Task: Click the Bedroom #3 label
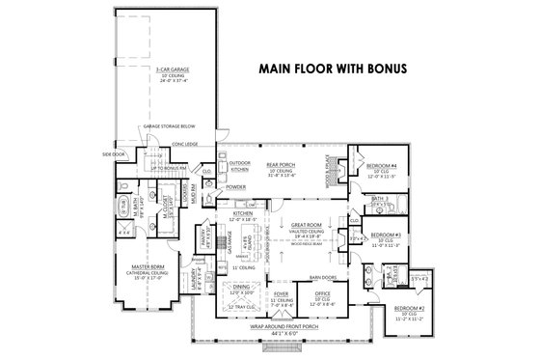click(386, 235)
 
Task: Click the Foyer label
click(282, 294)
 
